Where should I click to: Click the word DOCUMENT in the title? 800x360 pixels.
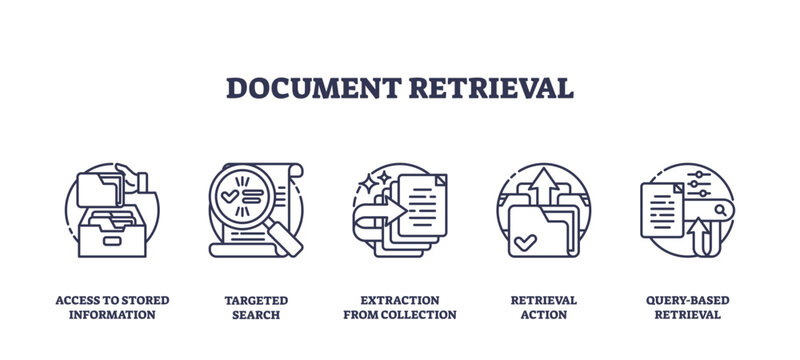(x=313, y=87)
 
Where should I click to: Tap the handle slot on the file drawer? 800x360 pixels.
(x=112, y=237)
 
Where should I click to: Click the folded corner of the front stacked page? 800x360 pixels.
(x=440, y=180)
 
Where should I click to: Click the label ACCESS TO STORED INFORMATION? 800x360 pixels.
(x=112, y=307)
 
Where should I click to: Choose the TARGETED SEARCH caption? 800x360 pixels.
(x=255, y=307)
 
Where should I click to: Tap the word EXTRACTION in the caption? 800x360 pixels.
(x=399, y=300)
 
